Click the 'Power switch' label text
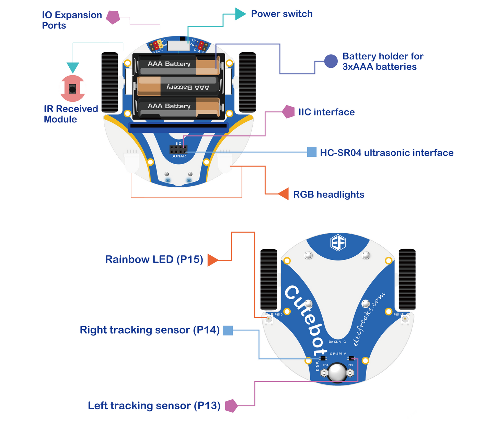click(x=281, y=14)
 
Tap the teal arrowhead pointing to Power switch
click(x=240, y=14)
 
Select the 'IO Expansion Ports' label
click(x=72, y=20)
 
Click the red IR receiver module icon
click(x=72, y=89)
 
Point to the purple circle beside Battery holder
click(x=331, y=62)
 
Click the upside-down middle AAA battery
click(x=178, y=86)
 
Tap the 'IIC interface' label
click(x=326, y=112)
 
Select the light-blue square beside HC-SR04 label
click(x=311, y=152)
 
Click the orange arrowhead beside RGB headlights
click(x=284, y=194)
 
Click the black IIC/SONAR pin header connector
click(x=178, y=150)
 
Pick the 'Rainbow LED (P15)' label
click(x=154, y=259)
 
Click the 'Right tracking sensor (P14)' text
click(x=149, y=330)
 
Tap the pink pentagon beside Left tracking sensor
click(x=231, y=406)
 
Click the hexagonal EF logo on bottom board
click(x=338, y=243)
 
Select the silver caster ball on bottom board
click(x=337, y=373)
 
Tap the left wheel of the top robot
click(x=110, y=82)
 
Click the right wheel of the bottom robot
click(x=407, y=279)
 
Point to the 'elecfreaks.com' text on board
click(x=369, y=320)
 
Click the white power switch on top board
click(x=178, y=45)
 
